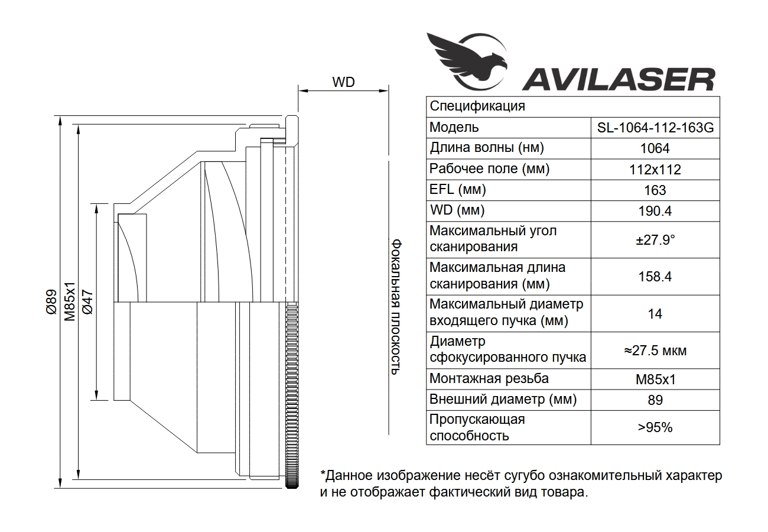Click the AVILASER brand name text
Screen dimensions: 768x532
pyautogui.click(x=619, y=79)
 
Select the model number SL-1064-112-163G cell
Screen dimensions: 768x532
pyautogui.click(x=655, y=128)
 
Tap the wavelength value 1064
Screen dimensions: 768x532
pyautogui.click(x=655, y=148)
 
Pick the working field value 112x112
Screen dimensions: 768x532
pyautogui.click(x=655, y=170)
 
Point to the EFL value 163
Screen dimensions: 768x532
pyautogui.click(x=655, y=190)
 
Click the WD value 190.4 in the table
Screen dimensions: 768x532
pyautogui.click(x=655, y=211)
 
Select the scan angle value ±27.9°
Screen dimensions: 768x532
pyautogui.click(x=655, y=240)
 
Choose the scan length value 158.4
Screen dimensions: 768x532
pyautogui.click(x=655, y=277)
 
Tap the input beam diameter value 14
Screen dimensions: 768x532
pyautogui.click(x=655, y=313)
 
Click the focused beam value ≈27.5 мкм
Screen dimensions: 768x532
pyautogui.click(x=655, y=350)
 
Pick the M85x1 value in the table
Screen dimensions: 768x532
pyautogui.click(x=655, y=379)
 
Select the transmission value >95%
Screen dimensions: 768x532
pyautogui.click(x=655, y=427)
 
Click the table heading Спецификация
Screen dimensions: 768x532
pyautogui.click(x=477, y=106)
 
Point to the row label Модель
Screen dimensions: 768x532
pyautogui.click(x=454, y=127)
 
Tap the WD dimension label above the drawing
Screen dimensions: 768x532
pyautogui.click(x=344, y=82)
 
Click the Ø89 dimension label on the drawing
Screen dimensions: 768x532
pyautogui.click(x=51, y=302)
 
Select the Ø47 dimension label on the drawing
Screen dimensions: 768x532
pyautogui.click(x=88, y=302)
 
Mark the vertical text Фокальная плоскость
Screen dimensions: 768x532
pyautogui.click(x=396, y=307)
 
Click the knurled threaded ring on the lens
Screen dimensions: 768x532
pyautogui.click(x=292, y=395)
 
